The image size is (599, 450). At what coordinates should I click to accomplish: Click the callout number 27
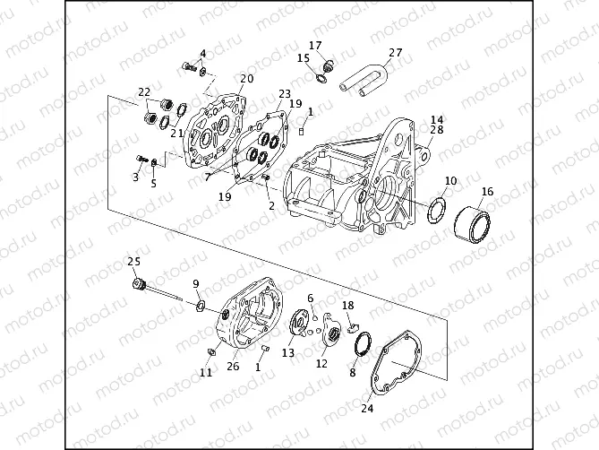point(395,52)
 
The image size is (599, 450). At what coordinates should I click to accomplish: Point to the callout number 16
point(487,191)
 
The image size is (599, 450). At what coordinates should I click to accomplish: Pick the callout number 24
point(365,408)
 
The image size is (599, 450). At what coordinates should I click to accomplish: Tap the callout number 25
point(134,261)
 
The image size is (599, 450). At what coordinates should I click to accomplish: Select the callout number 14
point(437,119)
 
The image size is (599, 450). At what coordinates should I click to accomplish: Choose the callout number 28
point(437,131)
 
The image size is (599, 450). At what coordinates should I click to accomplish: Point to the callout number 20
point(247,79)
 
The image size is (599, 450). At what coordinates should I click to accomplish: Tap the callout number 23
point(285,93)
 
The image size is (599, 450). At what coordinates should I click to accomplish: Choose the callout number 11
point(206,372)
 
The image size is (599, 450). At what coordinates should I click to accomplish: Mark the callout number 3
point(136,177)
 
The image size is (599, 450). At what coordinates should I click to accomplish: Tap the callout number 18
point(347,306)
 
